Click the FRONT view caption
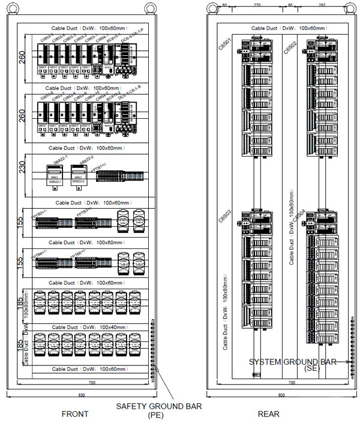click(x=75, y=414)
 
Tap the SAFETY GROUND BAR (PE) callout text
click(x=158, y=410)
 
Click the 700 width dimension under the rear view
click(x=292, y=383)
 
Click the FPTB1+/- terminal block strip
click(x=120, y=177)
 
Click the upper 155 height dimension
click(x=21, y=223)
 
